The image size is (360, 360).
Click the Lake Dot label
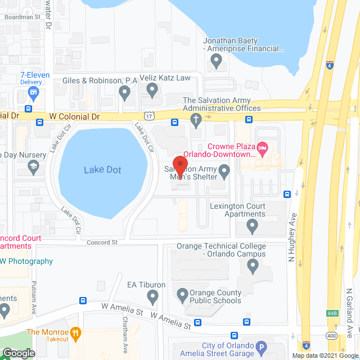(103, 170)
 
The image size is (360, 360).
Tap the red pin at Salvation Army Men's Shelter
(181, 164)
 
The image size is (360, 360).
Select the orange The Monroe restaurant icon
(77, 332)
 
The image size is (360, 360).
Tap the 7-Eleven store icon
(34, 92)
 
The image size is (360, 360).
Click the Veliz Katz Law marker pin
(152, 89)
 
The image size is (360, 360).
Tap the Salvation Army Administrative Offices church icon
(196, 119)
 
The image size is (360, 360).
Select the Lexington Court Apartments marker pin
(252, 226)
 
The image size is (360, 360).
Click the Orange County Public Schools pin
(182, 294)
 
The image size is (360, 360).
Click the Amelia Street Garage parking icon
(261, 348)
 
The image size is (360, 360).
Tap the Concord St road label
(102, 242)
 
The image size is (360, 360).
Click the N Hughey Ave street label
(292, 226)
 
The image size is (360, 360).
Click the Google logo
(19, 353)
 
